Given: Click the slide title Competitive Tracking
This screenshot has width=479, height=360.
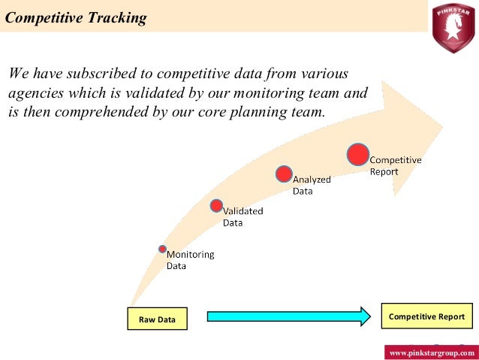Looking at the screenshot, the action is [76, 18].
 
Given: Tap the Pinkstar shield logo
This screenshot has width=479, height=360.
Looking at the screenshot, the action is [453, 27].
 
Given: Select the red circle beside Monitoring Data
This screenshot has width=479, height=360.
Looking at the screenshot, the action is [162, 249].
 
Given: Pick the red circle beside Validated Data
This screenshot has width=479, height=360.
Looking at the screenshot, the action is [216, 205].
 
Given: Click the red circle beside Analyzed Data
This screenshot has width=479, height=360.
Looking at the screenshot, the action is [283, 174].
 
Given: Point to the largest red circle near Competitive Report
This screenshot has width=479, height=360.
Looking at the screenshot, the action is [358, 153].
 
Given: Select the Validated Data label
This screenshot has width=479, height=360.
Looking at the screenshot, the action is [243, 216].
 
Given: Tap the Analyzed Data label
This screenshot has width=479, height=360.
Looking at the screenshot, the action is [312, 185].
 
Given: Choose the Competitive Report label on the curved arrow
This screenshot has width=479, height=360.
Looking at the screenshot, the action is [395, 165].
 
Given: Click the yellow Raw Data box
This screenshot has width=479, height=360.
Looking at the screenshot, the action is [157, 319].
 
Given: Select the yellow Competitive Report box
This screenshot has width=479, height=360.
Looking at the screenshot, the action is [427, 316].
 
